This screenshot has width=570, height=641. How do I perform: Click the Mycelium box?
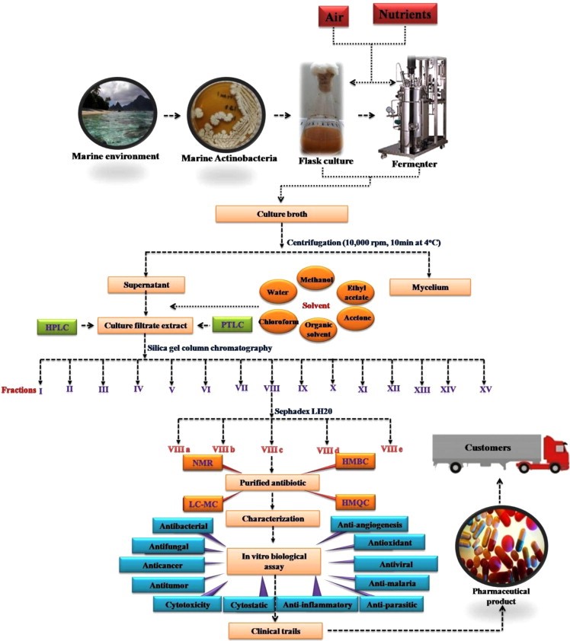pyautogui.click(x=430, y=286)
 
